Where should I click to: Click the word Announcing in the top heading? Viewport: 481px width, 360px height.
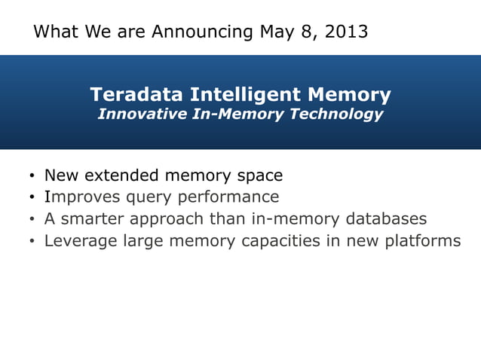coord(202,32)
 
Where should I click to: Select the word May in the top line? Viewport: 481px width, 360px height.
coord(276,32)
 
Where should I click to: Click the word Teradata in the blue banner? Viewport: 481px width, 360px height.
coord(137,95)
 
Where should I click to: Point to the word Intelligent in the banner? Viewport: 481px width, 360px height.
coord(241,95)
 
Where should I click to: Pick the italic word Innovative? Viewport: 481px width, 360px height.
coord(136,114)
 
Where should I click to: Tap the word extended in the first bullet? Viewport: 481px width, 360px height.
coord(124,175)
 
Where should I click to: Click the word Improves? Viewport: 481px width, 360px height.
coord(79,197)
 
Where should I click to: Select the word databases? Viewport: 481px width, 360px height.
coord(386,219)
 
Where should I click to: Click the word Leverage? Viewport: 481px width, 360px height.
coord(77,241)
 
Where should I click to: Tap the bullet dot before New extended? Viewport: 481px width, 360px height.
coord(32,177)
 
